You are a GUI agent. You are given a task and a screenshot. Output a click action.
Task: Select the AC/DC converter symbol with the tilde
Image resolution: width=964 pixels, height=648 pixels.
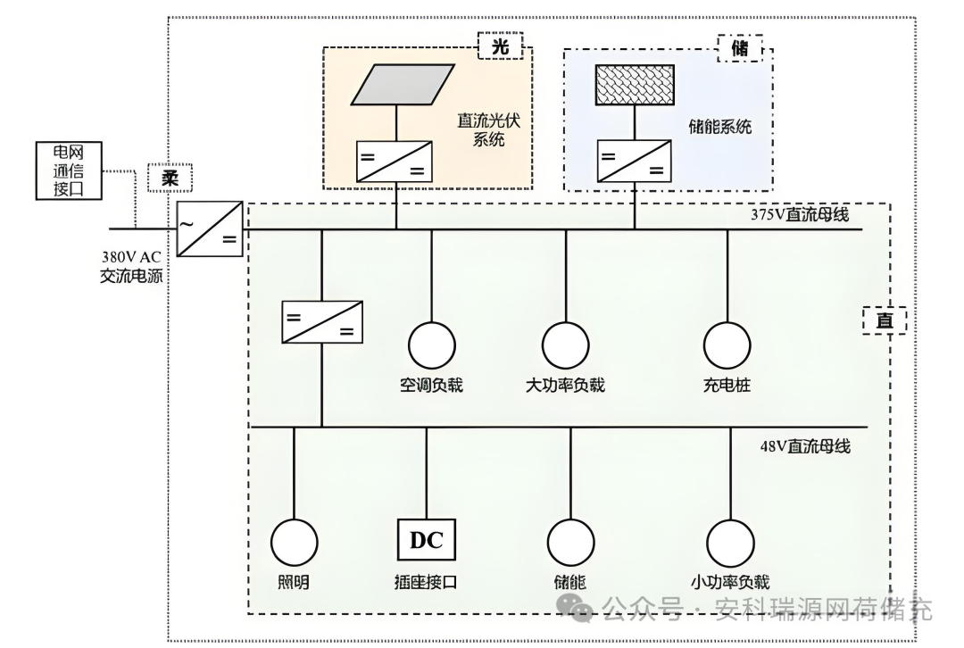tap(210, 228)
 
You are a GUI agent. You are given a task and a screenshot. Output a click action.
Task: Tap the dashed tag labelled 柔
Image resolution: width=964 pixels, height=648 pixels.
tap(170, 178)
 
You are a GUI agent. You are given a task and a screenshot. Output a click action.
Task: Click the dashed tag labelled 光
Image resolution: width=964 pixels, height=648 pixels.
tap(501, 46)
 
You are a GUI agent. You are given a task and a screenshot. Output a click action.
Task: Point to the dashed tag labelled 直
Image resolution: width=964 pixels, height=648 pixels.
tap(884, 320)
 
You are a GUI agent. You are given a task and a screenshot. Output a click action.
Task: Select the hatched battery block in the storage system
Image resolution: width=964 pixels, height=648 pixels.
tap(635, 85)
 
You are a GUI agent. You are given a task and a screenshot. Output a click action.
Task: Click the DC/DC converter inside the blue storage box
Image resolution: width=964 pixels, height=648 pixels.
tap(634, 162)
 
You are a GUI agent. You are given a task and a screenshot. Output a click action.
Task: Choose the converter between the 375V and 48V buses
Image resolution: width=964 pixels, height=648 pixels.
tap(322, 322)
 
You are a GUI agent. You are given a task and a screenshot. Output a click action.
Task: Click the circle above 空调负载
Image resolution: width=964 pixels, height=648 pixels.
tap(432, 344)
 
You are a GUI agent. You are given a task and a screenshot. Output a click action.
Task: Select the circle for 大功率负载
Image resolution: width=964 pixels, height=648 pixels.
tap(566, 344)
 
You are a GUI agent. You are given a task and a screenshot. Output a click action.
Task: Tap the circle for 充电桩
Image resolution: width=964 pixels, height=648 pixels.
tap(727, 344)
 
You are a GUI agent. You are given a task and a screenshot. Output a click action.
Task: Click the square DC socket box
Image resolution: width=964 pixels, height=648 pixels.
tap(426, 540)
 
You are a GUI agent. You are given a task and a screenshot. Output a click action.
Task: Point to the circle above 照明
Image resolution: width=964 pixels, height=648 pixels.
tap(294, 542)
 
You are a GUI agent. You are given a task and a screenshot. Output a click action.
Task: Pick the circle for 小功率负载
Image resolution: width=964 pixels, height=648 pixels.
tap(730, 542)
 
